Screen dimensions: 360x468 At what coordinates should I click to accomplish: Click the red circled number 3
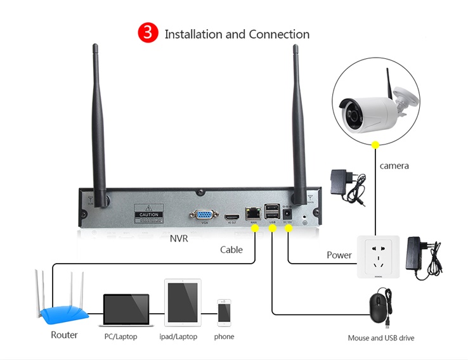[x=148, y=34]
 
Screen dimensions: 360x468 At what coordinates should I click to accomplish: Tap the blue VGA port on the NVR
[x=204, y=214]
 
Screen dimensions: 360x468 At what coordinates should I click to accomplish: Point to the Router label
[x=64, y=335]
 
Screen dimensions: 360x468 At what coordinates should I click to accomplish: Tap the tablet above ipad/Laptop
[x=183, y=303]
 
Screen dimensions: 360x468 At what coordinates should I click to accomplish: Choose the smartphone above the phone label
[x=224, y=312]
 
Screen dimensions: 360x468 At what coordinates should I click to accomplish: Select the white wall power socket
[x=378, y=257]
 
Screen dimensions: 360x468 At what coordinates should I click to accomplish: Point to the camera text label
[x=394, y=166]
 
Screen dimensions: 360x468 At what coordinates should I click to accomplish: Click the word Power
[x=339, y=255]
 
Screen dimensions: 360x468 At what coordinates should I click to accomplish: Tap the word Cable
[x=231, y=250]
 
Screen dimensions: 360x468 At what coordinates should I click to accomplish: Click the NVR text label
[x=179, y=239]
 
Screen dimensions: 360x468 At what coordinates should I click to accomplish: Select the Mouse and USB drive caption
[x=380, y=338]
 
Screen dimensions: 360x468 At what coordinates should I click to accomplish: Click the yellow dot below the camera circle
[x=375, y=145]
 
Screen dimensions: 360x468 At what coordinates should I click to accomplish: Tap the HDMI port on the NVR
[x=231, y=214]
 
